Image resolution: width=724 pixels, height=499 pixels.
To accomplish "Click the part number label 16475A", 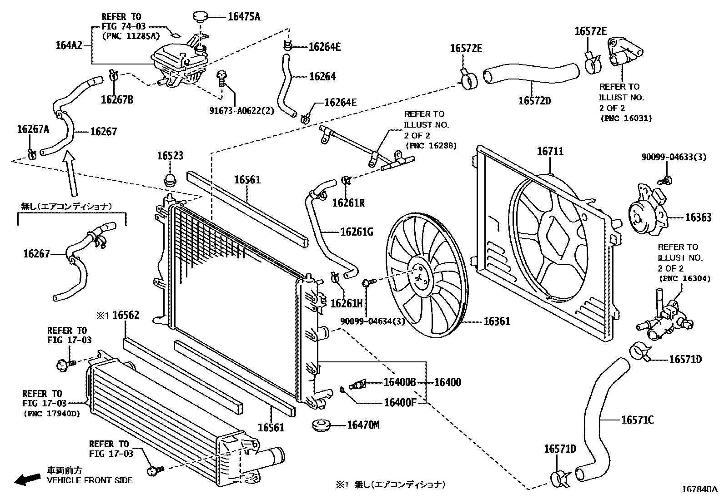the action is [x=244, y=17].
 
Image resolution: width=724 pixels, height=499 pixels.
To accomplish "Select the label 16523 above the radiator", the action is [x=170, y=156].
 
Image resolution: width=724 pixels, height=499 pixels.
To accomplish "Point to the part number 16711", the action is [x=550, y=151].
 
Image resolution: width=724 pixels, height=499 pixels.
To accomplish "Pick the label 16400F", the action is [x=400, y=402].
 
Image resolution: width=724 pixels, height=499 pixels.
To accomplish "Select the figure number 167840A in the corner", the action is [x=699, y=489].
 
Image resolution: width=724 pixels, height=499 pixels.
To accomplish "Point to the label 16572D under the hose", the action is [x=534, y=100].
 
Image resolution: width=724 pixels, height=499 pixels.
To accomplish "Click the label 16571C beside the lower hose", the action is [x=637, y=420].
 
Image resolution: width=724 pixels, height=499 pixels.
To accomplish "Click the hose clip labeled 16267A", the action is [x=31, y=155].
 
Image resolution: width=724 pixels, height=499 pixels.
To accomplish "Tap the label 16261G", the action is [x=357, y=232].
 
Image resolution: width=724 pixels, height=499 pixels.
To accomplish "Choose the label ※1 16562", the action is [x=118, y=315].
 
